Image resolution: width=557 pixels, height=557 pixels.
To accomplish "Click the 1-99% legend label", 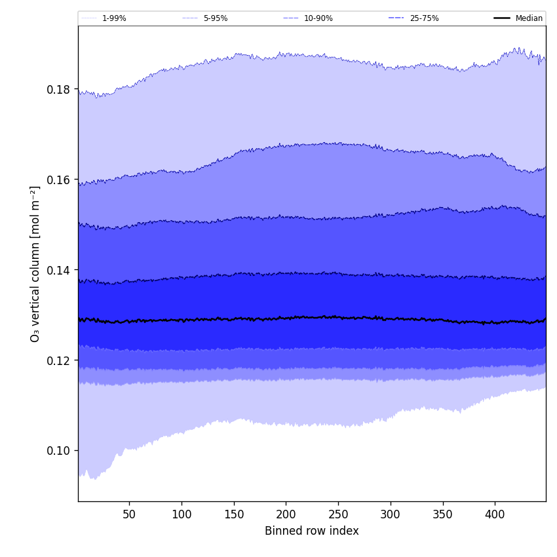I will pos(114,18).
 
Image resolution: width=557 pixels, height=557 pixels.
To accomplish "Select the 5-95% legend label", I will pos(216,18).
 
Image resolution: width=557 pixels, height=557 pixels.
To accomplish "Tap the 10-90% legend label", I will pos(318,18).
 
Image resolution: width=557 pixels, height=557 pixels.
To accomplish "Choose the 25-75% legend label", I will pos(424,18).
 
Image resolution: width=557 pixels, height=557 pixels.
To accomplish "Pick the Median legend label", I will pos(529,18).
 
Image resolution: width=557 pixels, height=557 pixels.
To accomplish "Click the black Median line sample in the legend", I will pos(503,18).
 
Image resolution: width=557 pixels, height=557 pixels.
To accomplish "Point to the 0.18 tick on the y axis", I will pos(59,89).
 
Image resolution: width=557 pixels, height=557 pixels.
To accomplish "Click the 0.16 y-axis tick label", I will pos(59,180).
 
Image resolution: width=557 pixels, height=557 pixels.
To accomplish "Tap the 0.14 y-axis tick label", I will pos(59,270).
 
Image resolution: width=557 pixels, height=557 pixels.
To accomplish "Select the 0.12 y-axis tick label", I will pos(59,360).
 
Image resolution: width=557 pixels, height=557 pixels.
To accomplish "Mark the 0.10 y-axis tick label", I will pos(59,451).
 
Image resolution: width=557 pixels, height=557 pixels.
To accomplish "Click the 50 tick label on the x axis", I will pos(129,514).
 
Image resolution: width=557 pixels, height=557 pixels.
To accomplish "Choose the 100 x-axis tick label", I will pos(182,514).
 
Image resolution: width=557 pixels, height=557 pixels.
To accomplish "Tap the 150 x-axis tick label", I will pos(234,514).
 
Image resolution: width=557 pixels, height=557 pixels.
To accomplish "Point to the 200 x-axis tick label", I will pos(286,514).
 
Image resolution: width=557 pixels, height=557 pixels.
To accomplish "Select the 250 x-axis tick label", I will pos(338,514).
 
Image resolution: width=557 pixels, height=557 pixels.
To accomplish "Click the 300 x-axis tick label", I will pos(391,514).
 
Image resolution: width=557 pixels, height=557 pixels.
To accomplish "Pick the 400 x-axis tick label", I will pos(495,514).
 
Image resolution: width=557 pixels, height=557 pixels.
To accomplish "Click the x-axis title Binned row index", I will pos(312,531).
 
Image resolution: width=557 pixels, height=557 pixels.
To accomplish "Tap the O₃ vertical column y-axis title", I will pos(35,263).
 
